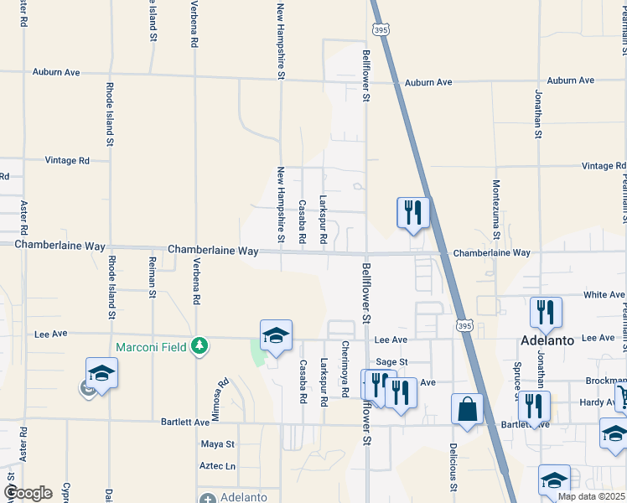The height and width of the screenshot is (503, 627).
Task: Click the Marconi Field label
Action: [x=152, y=345]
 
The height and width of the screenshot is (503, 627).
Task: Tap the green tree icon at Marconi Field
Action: [x=199, y=345]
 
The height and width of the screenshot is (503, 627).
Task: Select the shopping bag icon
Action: [x=467, y=410]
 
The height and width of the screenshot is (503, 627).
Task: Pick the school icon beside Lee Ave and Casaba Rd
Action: [x=276, y=336]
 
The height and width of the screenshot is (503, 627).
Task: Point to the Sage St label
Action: [x=391, y=361]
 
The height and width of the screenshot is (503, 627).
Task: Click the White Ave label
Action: [x=604, y=295]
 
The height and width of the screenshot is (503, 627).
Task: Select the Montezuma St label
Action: [x=496, y=210]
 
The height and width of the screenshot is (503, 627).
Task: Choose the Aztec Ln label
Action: [x=218, y=465]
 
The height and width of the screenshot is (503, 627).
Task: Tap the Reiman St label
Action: [x=153, y=278]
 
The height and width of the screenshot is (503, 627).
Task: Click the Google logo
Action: [x=28, y=493]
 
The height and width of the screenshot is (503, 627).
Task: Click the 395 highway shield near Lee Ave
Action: [x=463, y=323]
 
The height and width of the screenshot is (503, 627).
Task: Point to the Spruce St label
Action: [x=517, y=381]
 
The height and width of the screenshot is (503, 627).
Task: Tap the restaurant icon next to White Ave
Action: [x=546, y=313]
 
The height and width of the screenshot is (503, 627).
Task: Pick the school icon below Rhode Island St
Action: [x=101, y=373]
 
